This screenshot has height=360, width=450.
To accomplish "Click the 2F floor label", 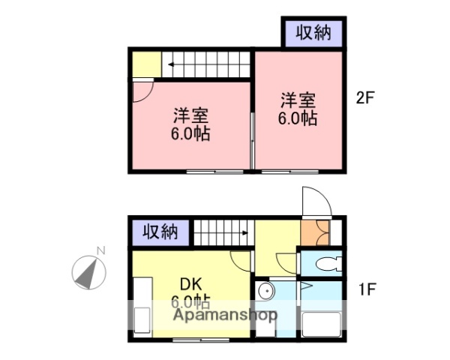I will (x=364, y=98).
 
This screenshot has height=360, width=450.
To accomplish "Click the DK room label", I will (x=190, y=284).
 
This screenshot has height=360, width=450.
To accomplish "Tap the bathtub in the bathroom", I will (x=322, y=325).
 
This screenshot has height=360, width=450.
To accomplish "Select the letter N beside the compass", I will (x=100, y=250).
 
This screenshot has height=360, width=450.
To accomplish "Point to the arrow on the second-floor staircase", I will (x=172, y=64).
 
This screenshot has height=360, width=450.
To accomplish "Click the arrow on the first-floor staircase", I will (x=244, y=232).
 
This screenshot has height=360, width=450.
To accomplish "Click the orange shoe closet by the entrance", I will (x=313, y=232).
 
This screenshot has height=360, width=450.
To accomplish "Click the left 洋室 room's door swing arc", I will (x=142, y=92).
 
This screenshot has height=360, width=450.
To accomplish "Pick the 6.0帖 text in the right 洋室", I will (x=298, y=118).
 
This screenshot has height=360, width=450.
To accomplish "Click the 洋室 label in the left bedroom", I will (x=190, y=115).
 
